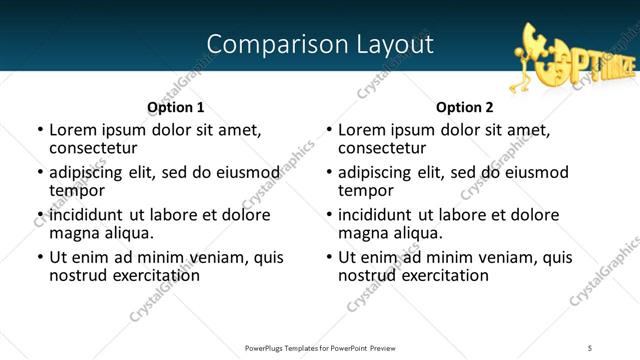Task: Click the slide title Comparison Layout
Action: pyautogui.click(x=320, y=45)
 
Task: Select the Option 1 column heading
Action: pyautogui.click(x=175, y=107)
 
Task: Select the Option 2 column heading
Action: pyautogui.click(x=464, y=107)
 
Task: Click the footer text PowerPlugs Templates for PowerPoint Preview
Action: pyautogui.click(x=319, y=347)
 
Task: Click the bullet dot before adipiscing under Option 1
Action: pyautogui.click(x=40, y=173)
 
